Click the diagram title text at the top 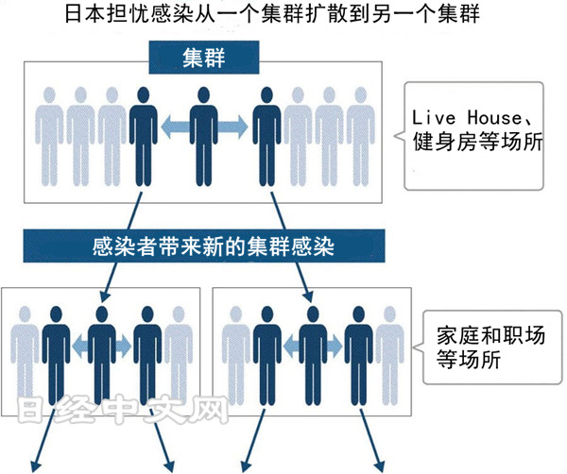click(x=283, y=16)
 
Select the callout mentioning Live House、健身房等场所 click(x=479, y=133)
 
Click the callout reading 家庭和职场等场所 click(x=488, y=347)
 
